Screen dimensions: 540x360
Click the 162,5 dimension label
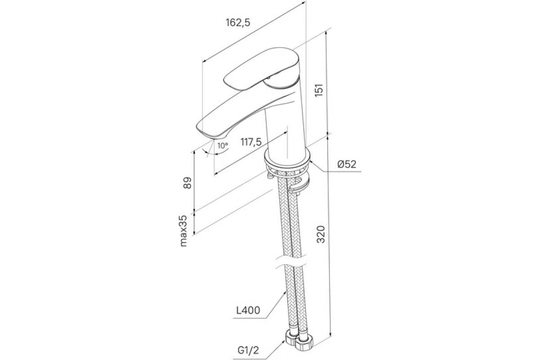(238, 22)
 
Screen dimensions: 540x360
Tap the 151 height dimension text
(319, 90)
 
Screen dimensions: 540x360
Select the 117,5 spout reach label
(251, 142)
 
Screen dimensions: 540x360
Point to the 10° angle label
(222, 146)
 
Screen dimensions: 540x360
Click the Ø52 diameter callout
(346, 164)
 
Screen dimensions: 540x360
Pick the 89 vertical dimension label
(187, 183)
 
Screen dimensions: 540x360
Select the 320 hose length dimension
(321, 234)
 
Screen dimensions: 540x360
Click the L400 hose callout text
(248, 310)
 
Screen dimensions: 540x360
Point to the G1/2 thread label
(248, 351)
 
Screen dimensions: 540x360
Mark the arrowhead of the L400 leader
(284, 293)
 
